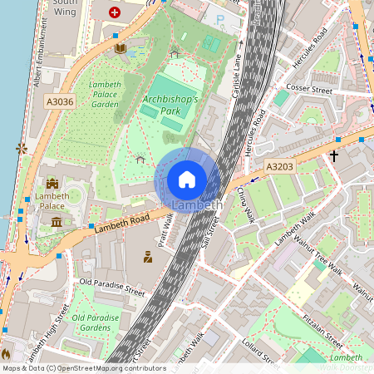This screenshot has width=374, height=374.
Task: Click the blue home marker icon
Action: (187, 180)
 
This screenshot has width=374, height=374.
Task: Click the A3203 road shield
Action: (280, 167)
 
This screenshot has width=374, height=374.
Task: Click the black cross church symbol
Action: (334, 155)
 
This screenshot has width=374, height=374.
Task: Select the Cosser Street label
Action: (309, 88)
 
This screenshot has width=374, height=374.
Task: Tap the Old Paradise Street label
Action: (111, 288)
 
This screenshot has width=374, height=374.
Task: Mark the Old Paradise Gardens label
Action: (96, 323)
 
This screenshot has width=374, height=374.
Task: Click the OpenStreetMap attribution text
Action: (84, 367)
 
